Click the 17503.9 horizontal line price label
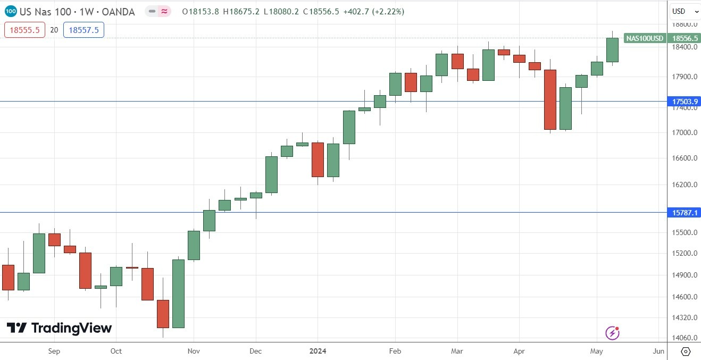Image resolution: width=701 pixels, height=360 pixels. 684,102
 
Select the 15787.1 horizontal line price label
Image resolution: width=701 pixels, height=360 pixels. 684,213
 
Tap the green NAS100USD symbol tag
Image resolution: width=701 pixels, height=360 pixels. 645,38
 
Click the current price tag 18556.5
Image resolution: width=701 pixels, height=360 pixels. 684,38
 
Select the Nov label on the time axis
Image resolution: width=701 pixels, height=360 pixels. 194,351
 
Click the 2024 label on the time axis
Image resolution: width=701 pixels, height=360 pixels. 318,351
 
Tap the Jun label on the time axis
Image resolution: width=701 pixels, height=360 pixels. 658,351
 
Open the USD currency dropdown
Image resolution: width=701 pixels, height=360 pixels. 684,11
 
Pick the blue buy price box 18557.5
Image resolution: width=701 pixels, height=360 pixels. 84,30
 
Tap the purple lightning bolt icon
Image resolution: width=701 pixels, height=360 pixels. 612,333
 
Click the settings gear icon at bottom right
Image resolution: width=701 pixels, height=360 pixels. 685,351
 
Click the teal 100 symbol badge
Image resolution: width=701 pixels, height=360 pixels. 11,11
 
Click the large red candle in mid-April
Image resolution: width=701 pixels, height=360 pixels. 550,99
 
